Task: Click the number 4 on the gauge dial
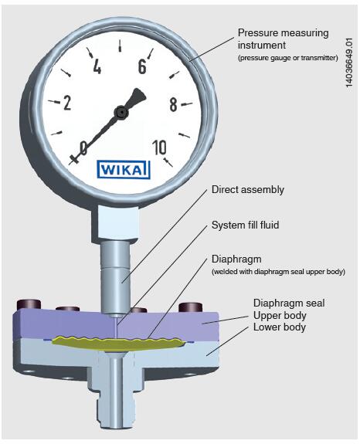[97, 67]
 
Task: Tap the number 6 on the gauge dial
[142, 66]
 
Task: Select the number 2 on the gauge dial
[67, 103]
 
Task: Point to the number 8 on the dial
[173, 104]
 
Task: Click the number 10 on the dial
[159, 147]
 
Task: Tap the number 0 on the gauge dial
[83, 147]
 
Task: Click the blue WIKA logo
[123, 170]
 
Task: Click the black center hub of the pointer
[121, 113]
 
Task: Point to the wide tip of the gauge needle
[139, 93]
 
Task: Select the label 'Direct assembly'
[247, 190]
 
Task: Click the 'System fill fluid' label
[246, 225]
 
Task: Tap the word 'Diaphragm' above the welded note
[236, 259]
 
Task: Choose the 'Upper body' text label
[280, 316]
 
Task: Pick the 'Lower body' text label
[280, 327]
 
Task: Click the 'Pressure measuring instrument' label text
[283, 39]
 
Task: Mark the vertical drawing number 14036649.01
[349, 63]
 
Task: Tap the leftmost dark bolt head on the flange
[29, 304]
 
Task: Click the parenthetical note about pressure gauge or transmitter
[288, 58]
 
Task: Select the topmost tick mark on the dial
[120, 46]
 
